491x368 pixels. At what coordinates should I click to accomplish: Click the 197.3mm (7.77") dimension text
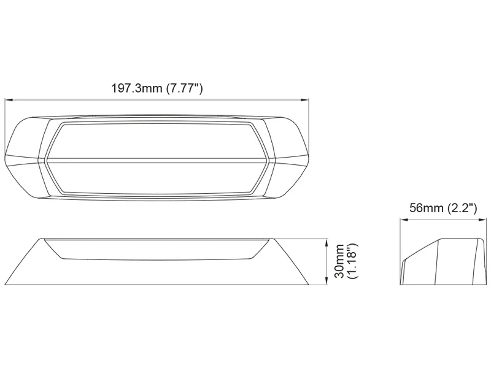tap(157, 88)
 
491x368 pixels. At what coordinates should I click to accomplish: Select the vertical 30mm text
tap(339, 262)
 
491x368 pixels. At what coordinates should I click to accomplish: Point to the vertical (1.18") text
tap(352, 262)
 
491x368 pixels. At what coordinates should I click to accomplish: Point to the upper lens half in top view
tap(157, 141)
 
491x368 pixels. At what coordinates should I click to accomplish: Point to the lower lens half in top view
tap(157, 178)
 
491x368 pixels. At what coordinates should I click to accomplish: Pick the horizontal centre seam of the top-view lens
tap(157, 161)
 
